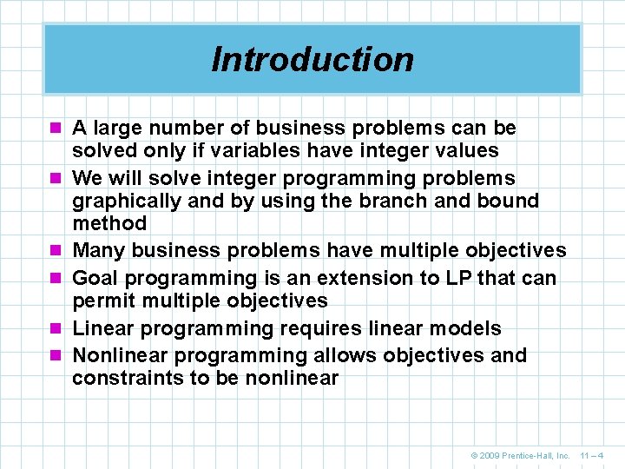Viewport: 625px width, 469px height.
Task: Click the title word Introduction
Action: point(312,59)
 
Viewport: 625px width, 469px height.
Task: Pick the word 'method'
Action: point(109,223)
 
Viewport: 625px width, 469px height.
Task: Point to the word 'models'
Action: point(469,329)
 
